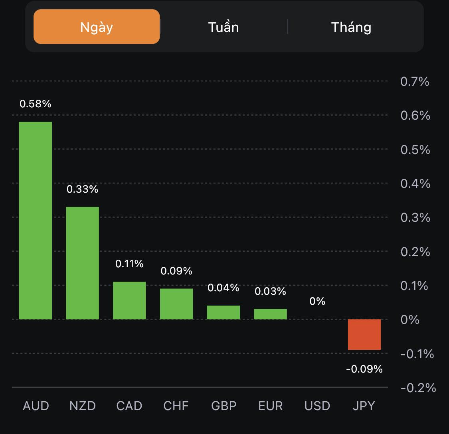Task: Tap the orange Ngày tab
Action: (x=97, y=27)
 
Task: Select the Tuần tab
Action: (x=224, y=27)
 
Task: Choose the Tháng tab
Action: (x=351, y=27)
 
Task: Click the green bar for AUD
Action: (x=36, y=220)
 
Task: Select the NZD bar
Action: (x=82, y=263)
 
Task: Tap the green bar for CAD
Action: (x=129, y=300)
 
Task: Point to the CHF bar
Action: (x=176, y=304)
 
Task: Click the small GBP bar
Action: (x=224, y=312)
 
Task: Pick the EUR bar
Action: (x=270, y=314)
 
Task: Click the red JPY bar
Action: (x=364, y=334)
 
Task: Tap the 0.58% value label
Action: (x=36, y=104)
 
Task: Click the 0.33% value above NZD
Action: (x=82, y=189)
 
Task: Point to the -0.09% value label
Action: (x=364, y=369)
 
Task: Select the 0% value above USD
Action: (x=317, y=301)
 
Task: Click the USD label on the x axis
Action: (x=317, y=406)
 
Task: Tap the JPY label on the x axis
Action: (x=364, y=406)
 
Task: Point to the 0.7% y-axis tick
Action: (x=415, y=81)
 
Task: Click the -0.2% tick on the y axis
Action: (x=417, y=387)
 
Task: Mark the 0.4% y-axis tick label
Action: (x=415, y=183)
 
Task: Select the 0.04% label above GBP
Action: (x=224, y=288)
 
